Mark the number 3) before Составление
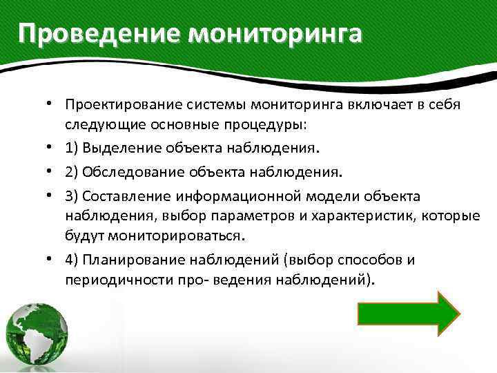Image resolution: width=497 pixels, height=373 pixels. (73, 195)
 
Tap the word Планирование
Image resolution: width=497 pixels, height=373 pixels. (130, 259)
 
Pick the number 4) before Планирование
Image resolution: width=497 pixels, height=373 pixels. (73, 259)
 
